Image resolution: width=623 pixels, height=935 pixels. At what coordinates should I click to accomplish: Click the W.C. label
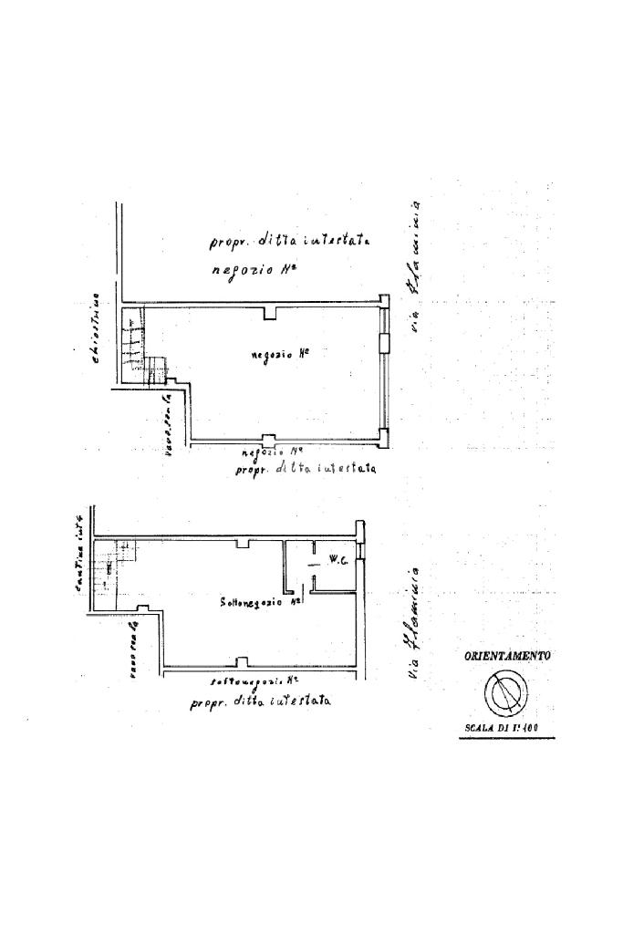(335, 562)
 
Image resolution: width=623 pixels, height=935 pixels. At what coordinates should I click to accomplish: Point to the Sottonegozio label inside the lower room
(261, 603)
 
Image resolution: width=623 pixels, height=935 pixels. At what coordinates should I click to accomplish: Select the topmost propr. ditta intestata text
(288, 242)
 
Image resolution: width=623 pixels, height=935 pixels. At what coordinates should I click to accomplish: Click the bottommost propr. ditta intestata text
(261, 702)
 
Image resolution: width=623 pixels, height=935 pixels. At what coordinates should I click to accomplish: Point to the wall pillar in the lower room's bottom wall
(240, 662)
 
